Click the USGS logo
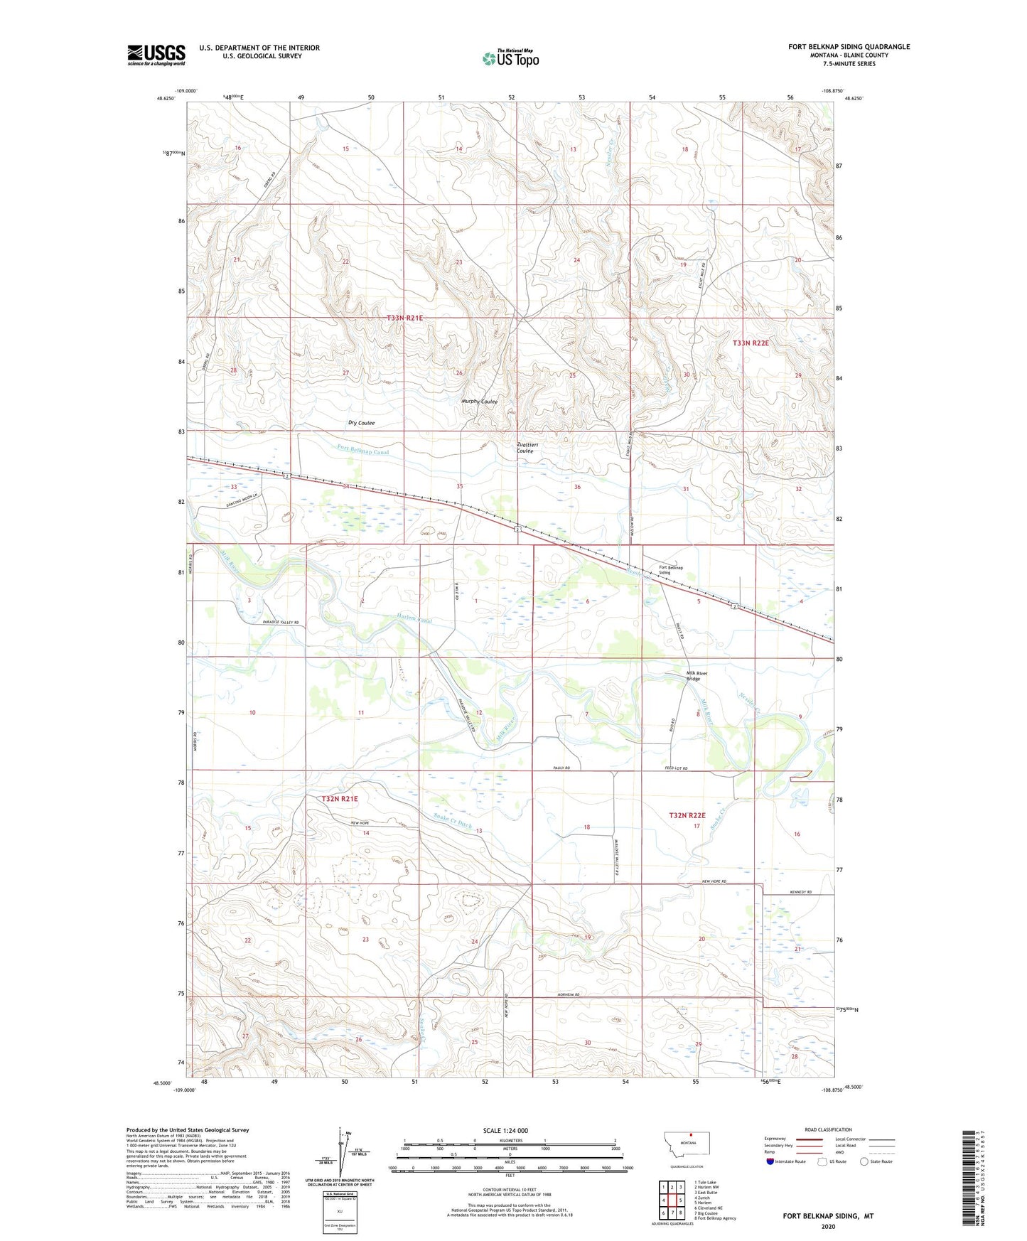[x=156, y=55]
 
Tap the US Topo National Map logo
[x=510, y=58]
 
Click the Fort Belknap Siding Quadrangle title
[x=849, y=47]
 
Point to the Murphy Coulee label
[x=479, y=402]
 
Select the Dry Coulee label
[x=361, y=423]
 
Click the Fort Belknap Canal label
[x=363, y=450]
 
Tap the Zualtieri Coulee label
[x=525, y=448]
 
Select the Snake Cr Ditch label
[x=453, y=820]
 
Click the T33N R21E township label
[x=404, y=318]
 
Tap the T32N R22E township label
[x=687, y=815]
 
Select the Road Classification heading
[x=828, y=1129]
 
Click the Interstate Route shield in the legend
[x=771, y=1161]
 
